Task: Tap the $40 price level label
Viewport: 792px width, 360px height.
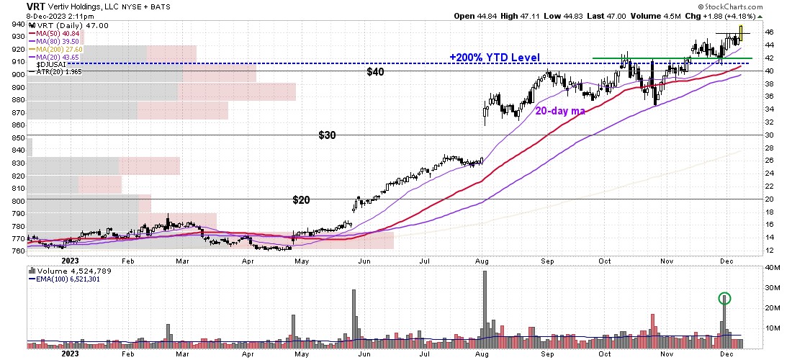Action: tap(376, 72)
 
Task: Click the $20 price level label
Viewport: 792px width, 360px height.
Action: tap(300, 199)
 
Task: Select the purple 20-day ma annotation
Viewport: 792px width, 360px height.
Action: tap(560, 111)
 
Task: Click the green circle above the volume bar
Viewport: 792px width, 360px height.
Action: tap(724, 298)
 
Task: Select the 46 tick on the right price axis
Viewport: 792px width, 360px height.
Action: tap(770, 32)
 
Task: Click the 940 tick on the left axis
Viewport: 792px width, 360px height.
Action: tap(14, 23)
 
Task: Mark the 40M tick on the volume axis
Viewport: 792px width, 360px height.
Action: tap(773, 268)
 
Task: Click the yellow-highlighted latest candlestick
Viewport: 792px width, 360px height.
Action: tap(741, 33)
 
